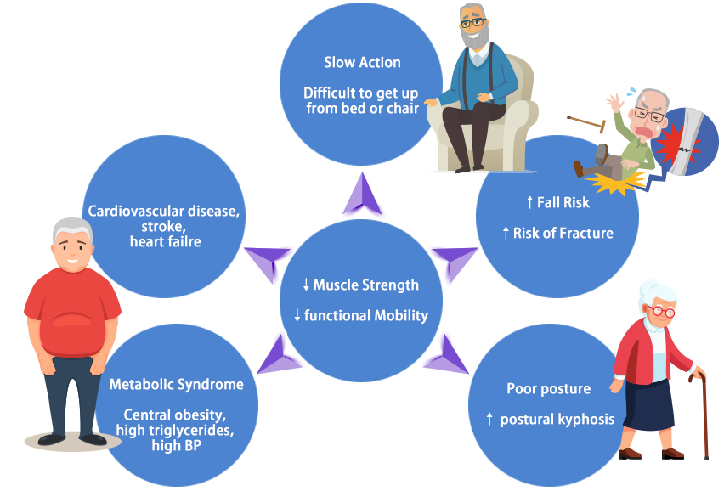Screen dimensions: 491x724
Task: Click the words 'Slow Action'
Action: click(362, 62)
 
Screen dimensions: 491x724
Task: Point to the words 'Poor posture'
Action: click(548, 389)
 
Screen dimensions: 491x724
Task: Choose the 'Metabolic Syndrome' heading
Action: click(176, 384)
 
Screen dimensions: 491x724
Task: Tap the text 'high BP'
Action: click(176, 445)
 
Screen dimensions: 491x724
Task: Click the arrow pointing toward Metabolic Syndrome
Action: click(276, 358)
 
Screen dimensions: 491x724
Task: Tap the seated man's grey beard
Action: click(477, 38)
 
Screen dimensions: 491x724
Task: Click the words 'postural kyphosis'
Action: click(557, 419)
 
